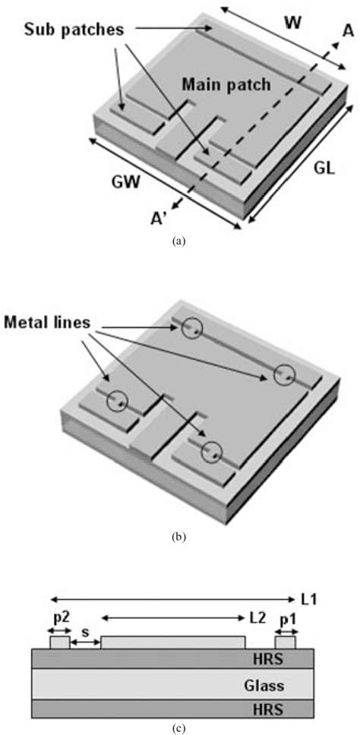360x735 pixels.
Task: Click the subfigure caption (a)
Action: [179, 240]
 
